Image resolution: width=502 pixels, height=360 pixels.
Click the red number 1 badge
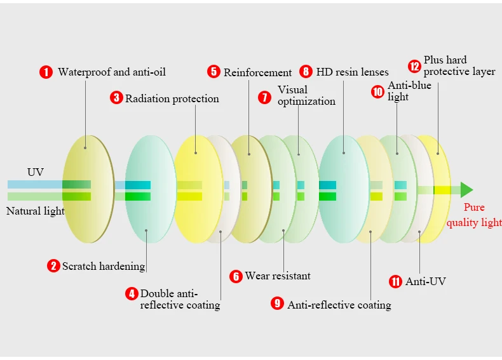click(46, 72)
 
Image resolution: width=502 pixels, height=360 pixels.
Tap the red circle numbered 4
click(132, 294)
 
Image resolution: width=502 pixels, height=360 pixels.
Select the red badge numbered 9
click(277, 303)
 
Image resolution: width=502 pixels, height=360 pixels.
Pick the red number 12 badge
click(414, 65)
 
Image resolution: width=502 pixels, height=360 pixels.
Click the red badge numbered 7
click(264, 97)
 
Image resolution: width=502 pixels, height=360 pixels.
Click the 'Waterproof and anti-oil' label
click(112, 72)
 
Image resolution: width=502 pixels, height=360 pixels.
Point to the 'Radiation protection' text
click(172, 98)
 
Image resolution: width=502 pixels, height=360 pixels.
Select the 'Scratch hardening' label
click(104, 266)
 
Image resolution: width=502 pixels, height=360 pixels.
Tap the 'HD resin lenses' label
click(352, 72)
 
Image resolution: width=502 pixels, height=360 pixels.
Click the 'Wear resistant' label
click(278, 276)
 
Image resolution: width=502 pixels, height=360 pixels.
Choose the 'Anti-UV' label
click(426, 281)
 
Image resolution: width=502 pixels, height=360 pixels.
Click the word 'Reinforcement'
click(257, 72)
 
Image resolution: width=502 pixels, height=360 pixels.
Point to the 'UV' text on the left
click(36, 172)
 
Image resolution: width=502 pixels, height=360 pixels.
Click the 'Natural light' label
click(36, 211)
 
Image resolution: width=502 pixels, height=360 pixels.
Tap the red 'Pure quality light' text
click(474, 215)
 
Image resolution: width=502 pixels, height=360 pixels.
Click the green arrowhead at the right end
click(466, 190)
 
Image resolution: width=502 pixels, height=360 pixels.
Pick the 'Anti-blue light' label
click(409, 91)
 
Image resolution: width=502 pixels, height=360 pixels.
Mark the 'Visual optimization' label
click(306, 95)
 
